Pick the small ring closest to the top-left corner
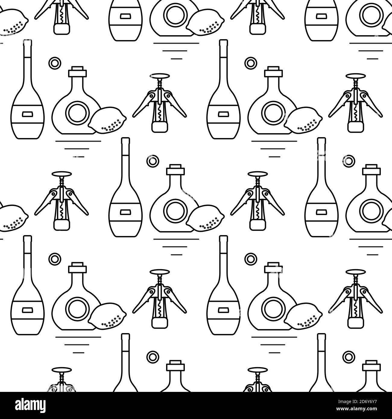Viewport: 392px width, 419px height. pos(55,63)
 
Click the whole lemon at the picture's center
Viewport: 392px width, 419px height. pos(205,219)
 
